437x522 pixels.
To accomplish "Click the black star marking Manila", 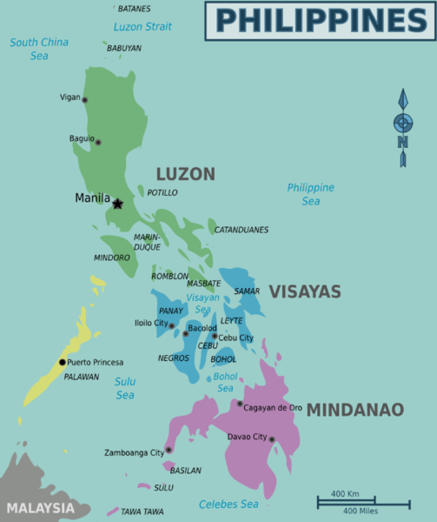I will point(117,204).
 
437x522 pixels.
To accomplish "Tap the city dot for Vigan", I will point(84,100).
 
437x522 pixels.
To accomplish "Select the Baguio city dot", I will point(97,142).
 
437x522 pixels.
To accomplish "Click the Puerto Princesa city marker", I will point(62,362).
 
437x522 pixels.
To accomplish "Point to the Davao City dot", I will point(271,439).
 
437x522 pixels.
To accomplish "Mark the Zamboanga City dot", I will point(169,450).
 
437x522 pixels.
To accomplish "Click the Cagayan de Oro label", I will point(273,406).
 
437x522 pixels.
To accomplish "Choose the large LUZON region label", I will point(185,174).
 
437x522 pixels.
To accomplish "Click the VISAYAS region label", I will point(304,292).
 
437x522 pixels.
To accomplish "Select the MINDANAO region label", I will point(355,409).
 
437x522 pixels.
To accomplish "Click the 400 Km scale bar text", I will point(345,493).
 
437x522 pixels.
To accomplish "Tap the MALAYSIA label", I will point(40,507).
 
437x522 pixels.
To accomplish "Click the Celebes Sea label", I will point(228,504).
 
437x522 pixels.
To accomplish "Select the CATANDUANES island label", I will point(242,230).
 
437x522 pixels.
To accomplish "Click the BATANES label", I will point(133,9).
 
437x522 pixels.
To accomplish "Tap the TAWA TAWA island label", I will point(142,512).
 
